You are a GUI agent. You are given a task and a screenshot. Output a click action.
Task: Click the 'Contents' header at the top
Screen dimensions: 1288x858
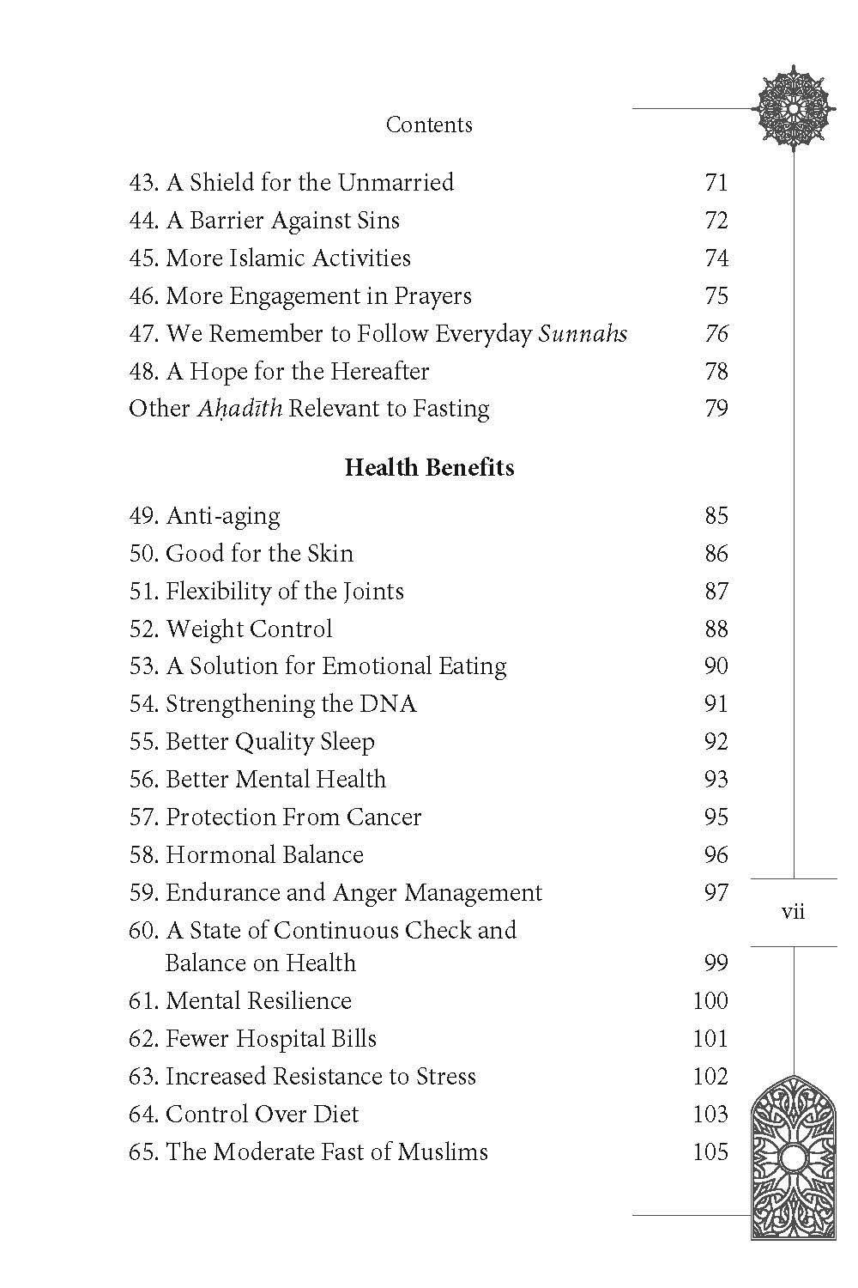[429, 125]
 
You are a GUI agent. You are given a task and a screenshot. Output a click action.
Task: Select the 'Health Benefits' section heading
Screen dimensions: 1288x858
[429, 468]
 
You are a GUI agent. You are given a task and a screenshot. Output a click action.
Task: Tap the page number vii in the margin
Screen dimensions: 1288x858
[794, 912]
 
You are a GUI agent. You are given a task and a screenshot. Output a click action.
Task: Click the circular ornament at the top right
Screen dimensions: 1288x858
[793, 108]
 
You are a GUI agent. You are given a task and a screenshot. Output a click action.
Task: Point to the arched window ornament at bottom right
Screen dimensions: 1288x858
[793, 1160]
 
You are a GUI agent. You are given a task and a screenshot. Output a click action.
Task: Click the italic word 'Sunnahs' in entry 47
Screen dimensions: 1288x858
[583, 334]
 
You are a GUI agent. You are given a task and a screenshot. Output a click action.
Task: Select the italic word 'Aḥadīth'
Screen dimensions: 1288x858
[239, 409]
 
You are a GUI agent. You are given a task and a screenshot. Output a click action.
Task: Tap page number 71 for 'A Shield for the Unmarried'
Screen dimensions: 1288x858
[716, 183]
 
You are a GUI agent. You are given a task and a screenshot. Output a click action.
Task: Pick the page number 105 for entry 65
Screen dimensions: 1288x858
[710, 1151]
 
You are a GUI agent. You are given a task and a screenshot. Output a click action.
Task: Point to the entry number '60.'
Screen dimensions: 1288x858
[144, 931]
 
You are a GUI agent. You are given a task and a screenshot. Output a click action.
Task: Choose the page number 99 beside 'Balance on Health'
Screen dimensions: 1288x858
[716, 963]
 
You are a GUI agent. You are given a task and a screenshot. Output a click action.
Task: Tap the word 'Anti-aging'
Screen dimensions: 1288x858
[222, 516]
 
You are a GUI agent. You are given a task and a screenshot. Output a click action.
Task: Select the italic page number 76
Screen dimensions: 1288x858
[716, 334]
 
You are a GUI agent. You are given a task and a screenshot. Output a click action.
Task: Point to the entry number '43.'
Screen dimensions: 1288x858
[144, 183]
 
